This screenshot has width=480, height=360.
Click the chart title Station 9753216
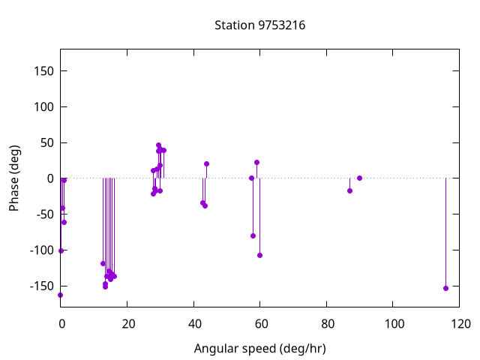(259, 25)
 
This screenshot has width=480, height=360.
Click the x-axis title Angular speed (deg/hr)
(259, 349)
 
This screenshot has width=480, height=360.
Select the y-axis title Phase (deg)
(14, 178)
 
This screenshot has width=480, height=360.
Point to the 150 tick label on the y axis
(43, 71)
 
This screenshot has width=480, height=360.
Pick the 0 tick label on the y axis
(50, 178)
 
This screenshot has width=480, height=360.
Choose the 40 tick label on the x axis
(193, 325)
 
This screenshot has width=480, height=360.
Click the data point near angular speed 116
(445, 288)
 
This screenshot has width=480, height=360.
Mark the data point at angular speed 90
(359, 178)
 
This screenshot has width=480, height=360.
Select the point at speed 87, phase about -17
(349, 190)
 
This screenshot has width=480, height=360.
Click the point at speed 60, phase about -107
(259, 255)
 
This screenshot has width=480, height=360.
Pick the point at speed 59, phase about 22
(256, 162)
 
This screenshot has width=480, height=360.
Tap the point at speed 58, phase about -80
(253, 235)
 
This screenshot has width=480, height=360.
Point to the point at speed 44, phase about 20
(206, 163)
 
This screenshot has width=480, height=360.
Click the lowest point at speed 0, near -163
(61, 295)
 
